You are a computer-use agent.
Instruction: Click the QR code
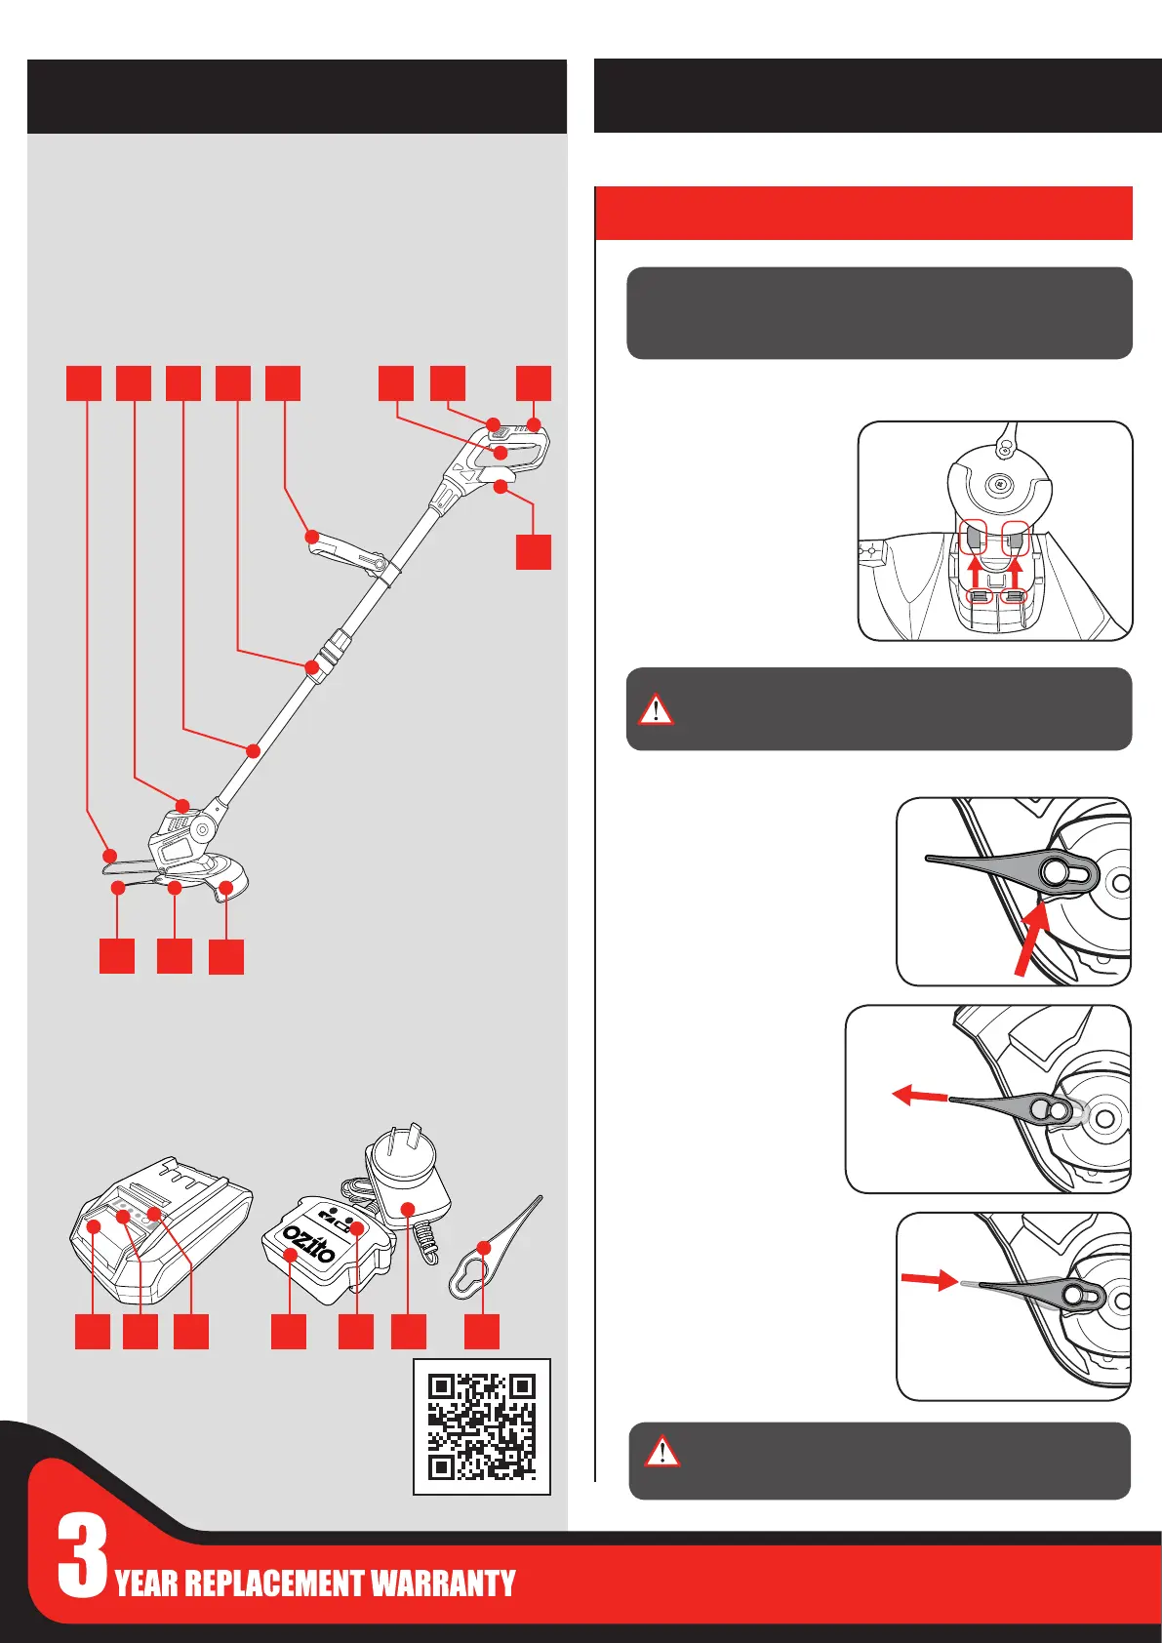482,1425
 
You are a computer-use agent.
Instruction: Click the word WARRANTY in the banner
442,1583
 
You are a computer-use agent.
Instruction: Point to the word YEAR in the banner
146,1583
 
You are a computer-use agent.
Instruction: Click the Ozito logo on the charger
309,1243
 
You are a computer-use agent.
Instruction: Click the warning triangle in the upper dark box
655,709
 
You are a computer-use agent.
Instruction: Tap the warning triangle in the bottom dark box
661,1451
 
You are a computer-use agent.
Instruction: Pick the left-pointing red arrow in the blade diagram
920,1096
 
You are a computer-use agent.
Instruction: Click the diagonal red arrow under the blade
1033,939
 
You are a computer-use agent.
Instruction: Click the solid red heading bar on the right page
863,214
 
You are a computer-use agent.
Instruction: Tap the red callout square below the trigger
534,552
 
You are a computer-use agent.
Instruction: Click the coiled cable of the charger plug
424,1240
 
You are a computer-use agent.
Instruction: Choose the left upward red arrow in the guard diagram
975,575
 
